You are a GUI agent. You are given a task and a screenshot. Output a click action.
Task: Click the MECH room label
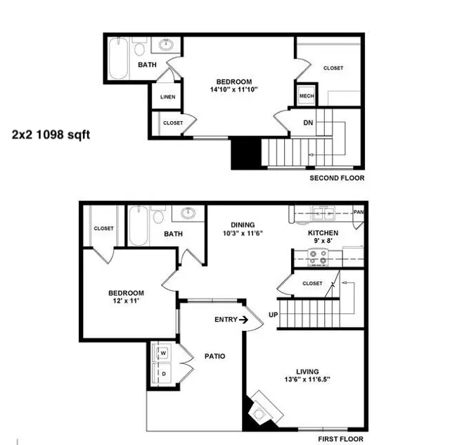pyautogui.click(x=307, y=96)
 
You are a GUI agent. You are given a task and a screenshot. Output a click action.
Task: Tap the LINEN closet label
pyautogui.click(x=168, y=97)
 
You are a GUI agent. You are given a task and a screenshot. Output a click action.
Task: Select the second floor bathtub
pyautogui.click(x=119, y=58)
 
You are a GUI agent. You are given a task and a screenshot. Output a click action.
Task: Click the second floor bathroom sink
pyautogui.click(x=167, y=44)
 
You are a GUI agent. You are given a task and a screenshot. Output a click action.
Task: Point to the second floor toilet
pyautogui.click(x=139, y=47)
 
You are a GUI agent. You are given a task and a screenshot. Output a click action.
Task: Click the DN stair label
pyautogui.click(x=308, y=123)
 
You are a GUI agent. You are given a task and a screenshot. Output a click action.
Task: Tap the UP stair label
pyautogui.click(x=274, y=315)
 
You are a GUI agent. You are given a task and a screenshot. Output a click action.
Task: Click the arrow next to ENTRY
pyautogui.click(x=244, y=320)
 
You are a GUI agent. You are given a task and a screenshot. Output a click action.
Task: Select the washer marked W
pyautogui.click(x=162, y=353)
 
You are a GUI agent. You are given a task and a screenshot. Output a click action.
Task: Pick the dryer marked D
pyautogui.click(x=162, y=373)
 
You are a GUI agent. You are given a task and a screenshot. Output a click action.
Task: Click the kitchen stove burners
pyautogui.click(x=318, y=257)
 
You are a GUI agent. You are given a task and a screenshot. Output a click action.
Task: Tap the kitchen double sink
pyautogui.click(x=323, y=213)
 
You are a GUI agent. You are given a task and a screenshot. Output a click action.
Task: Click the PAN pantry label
pyautogui.click(x=359, y=212)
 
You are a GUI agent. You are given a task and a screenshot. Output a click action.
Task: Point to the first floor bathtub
pyautogui.click(x=139, y=226)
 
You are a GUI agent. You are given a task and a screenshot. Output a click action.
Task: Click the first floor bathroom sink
pyautogui.click(x=188, y=213)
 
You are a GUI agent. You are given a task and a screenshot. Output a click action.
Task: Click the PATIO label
pyautogui.click(x=215, y=356)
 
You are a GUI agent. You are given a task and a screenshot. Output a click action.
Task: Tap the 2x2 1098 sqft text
pyautogui.click(x=51, y=134)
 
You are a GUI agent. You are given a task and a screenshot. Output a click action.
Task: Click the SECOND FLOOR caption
pyautogui.click(x=337, y=178)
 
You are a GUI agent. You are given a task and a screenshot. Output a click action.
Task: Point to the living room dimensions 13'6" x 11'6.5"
pyautogui.click(x=307, y=380)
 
